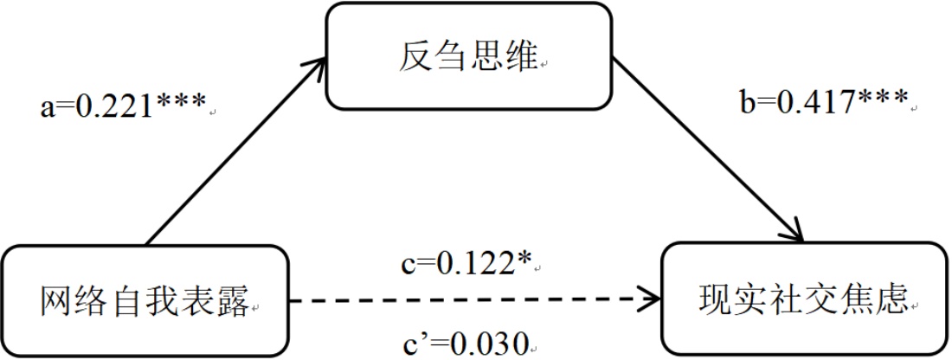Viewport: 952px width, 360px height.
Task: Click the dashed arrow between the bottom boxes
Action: pyautogui.click(x=467, y=302)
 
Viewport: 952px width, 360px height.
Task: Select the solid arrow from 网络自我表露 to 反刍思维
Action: pyautogui.click(x=234, y=151)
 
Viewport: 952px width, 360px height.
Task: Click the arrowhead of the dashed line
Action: pyautogui.click(x=649, y=302)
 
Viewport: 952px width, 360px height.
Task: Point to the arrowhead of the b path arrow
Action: pyautogui.click(x=795, y=233)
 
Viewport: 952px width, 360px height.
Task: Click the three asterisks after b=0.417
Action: pyautogui.click(x=883, y=100)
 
